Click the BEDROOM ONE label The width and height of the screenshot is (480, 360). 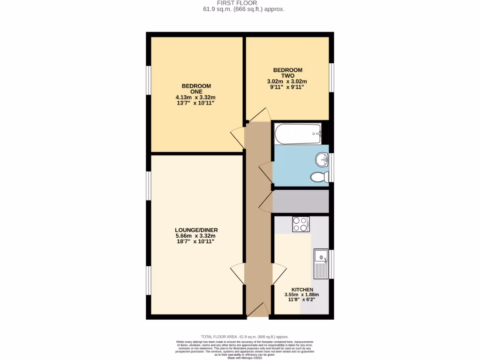(196, 89)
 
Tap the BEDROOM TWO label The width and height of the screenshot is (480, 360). (287, 73)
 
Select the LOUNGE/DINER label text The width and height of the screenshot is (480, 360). (196, 230)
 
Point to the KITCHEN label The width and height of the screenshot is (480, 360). (302, 290)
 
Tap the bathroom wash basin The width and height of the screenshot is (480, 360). (322, 160)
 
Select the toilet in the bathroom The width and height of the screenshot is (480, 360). (319, 177)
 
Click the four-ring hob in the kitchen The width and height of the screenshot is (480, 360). (300, 224)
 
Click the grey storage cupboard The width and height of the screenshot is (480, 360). (300, 201)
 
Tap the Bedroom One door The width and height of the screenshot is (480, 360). (238, 135)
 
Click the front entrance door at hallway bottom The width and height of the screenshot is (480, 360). (257, 310)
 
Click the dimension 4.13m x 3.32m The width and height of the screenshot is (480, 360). (196, 97)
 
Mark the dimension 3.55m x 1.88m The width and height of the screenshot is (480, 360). (302, 294)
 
